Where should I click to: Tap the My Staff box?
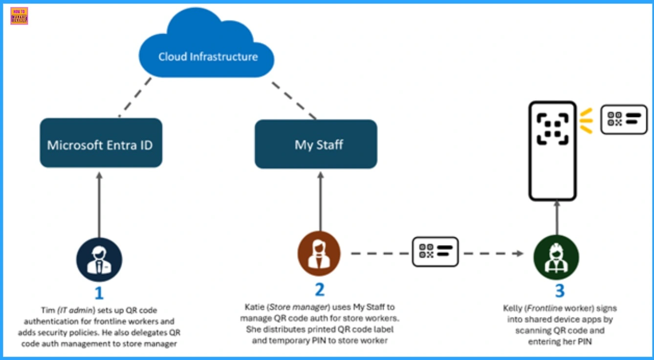coord(316,144)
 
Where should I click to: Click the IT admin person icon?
coord(99,259)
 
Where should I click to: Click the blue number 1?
coord(99,293)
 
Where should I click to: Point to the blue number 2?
coord(320,290)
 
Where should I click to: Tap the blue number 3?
coord(560,291)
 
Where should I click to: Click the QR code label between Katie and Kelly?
coord(435,252)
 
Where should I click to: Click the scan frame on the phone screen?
coord(553,129)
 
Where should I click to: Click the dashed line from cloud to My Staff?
coord(293,100)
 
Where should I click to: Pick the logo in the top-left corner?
coord(19,16)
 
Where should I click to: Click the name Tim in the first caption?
coord(47,310)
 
